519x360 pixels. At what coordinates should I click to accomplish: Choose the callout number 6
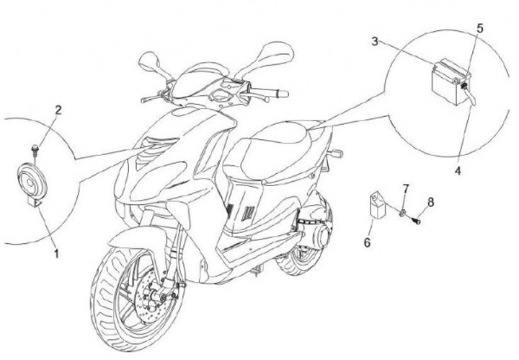tap(367, 242)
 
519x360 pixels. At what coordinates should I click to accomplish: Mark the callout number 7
tap(406, 189)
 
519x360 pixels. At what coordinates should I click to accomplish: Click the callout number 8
tap(430, 202)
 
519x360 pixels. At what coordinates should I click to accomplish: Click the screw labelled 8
tap(417, 220)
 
